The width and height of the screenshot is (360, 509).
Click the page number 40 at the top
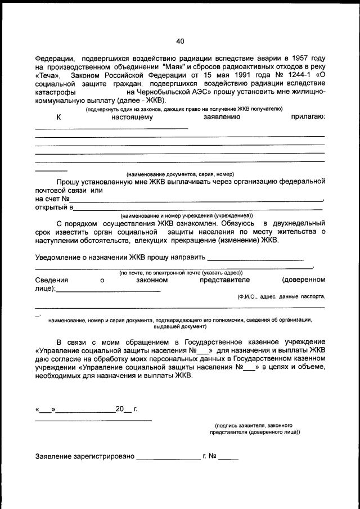pos(180,41)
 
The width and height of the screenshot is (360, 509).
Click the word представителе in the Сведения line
pos(224,280)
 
